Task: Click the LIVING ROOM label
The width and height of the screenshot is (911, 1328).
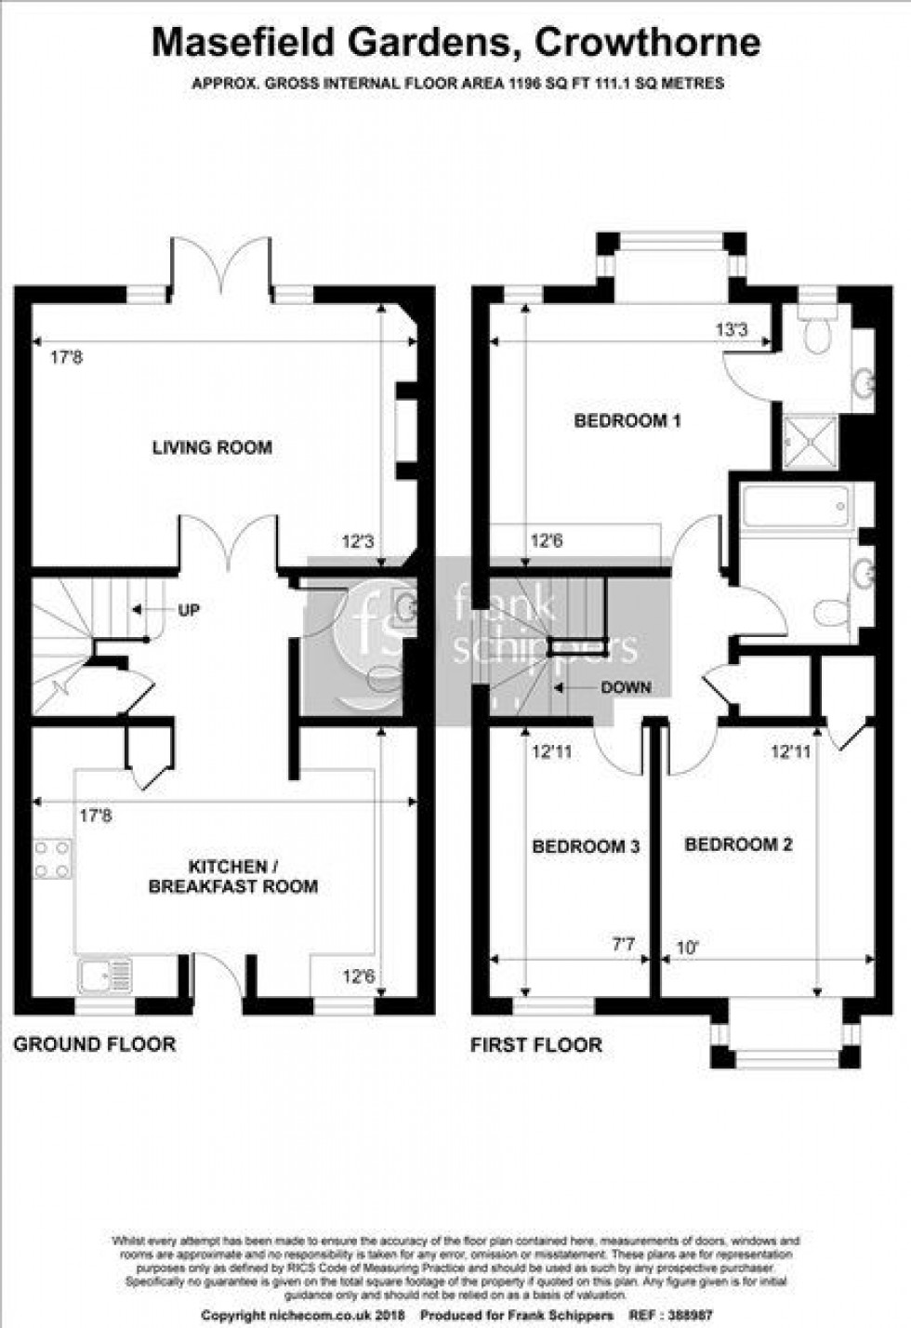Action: [212, 447]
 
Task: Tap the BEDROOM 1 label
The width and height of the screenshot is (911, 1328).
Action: [627, 420]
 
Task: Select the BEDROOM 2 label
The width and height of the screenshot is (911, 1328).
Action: [738, 844]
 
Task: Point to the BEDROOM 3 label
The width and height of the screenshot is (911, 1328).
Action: [586, 846]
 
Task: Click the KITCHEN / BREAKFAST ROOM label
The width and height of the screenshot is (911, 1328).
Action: [233, 876]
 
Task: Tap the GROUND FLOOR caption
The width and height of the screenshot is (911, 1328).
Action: [94, 1044]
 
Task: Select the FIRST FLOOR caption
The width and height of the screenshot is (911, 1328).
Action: [535, 1044]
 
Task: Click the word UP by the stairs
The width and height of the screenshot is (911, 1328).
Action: [188, 610]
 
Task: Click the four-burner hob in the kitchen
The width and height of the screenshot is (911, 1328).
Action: [53, 859]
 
